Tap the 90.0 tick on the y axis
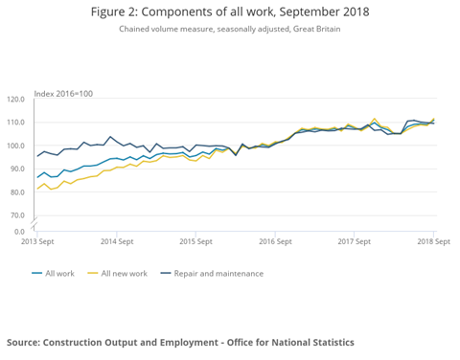16,169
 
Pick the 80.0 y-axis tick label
16,192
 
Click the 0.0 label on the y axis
18,231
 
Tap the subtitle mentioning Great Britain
230,30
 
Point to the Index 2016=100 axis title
64,92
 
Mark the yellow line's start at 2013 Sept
38,189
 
